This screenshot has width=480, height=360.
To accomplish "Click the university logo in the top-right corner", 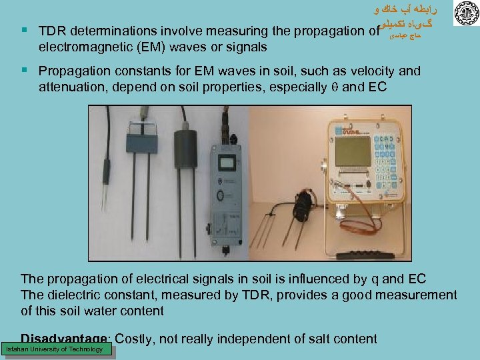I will (465, 13).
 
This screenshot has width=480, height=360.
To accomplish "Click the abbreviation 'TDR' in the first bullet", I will (51, 31).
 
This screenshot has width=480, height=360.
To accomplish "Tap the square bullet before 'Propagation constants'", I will (24, 70).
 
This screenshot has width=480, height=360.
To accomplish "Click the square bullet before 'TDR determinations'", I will (24, 31).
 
